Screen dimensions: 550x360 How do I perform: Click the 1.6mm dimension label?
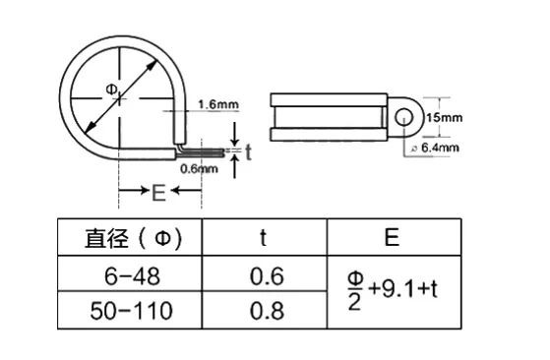click(x=218, y=104)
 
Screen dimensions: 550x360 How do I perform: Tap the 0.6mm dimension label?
click(x=199, y=169)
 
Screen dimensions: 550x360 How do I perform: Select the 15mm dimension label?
click(x=444, y=117)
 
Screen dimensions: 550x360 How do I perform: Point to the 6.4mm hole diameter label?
click(x=440, y=148)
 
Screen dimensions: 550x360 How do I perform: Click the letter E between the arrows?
click(x=158, y=193)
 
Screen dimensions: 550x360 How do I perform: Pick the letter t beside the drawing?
click(x=248, y=152)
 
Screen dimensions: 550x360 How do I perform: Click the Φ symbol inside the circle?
click(x=111, y=90)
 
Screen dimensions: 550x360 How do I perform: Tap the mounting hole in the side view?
click(x=404, y=117)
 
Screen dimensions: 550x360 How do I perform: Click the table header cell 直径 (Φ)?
click(x=133, y=238)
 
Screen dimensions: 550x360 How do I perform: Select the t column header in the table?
click(x=264, y=237)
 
